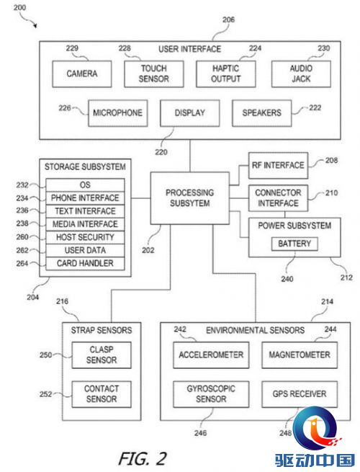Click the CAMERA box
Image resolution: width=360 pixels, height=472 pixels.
pos(82,74)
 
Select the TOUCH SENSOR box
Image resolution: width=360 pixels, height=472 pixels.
pos(153,74)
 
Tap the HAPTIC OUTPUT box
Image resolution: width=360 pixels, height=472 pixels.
pos(226,74)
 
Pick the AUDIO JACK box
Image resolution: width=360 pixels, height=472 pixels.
pos(301,74)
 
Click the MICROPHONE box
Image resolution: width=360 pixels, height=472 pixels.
pos(117,113)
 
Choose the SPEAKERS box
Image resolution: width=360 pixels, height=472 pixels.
pos(261,113)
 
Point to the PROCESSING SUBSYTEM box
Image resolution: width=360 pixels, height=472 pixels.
pos(190,198)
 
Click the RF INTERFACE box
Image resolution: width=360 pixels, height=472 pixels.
pos(278,166)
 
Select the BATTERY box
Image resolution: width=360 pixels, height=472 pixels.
pos(294,244)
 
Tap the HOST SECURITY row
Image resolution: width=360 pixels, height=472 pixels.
pos(85,238)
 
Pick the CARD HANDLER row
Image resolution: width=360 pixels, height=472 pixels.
pos(85,264)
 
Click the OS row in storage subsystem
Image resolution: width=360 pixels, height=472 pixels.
pos(85,185)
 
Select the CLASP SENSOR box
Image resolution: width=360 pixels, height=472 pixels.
pos(102,355)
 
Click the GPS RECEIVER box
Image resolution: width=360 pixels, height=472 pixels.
pos(300,394)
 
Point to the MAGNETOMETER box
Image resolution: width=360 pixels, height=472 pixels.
pos(300,355)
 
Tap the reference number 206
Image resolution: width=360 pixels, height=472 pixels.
pos(228,20)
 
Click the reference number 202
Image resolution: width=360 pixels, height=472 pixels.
pos(148,251)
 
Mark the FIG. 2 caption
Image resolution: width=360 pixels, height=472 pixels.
pos(143,458)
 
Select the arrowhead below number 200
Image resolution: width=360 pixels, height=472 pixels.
pos(35,26)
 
